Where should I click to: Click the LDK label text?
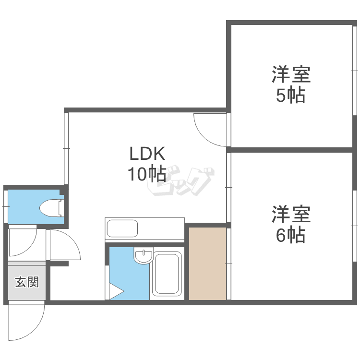click(x=147, y=154)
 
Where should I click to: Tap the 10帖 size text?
click(x=147, y=174)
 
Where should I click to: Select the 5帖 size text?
click(x=290, y=96)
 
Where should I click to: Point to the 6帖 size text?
click(x=290, y=235)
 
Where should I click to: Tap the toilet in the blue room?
click(x=51, y=208)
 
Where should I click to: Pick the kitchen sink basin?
click(x=122, y=228)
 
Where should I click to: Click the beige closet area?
click(x=207, y=264)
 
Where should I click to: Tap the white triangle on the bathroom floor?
click(x=115, y=291)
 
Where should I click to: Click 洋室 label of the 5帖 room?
click(x=290, y=75)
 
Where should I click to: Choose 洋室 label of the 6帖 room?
click(x=290, y=214)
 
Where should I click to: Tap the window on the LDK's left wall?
click(x=66, y=148)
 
